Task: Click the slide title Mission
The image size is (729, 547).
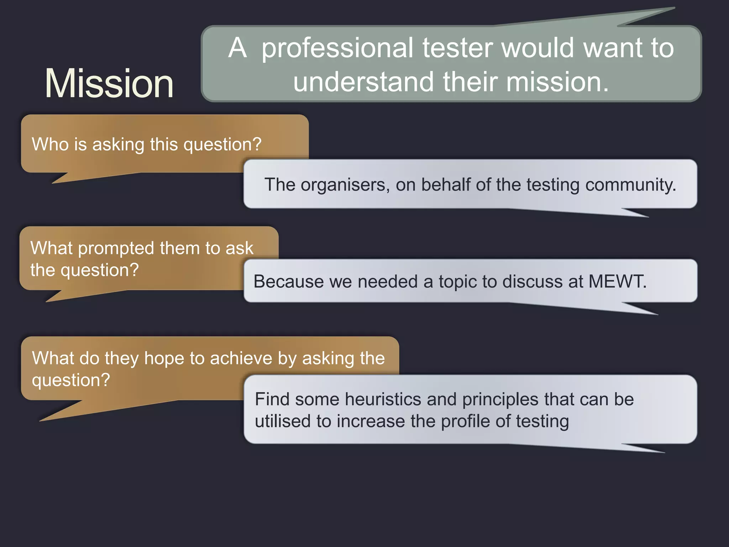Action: pyautogui.click(x=109, y=83)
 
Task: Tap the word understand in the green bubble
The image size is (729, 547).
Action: pyautogui.click(x=363, y=82)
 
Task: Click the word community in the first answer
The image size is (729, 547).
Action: pyautogui.click(x=630, y=185)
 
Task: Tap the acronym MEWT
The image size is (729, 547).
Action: pyautogui.click(x=617, y=281)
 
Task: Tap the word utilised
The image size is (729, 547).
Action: pyautogui.click(x=283, y=421)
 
